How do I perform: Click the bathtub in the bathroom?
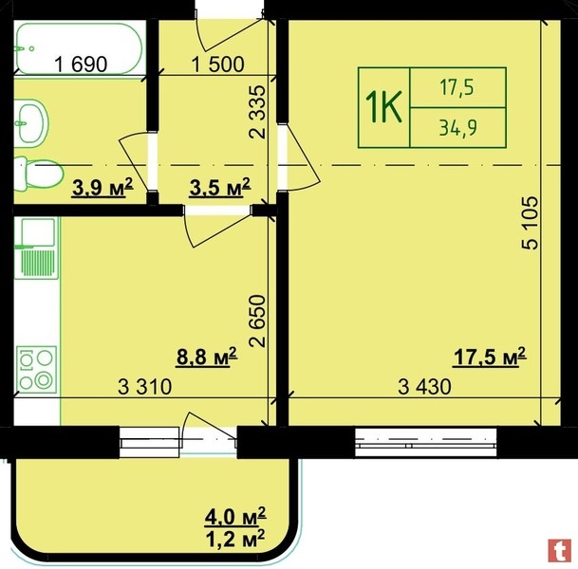78,48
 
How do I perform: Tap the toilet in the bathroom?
38,174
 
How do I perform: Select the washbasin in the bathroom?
31,123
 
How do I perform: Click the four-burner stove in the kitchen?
36,369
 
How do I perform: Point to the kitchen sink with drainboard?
36,248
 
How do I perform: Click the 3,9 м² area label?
103,187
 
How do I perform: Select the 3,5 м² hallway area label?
220,187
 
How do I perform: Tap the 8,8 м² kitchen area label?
207,357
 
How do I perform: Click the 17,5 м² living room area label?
490,357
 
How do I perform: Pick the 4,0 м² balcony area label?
235,516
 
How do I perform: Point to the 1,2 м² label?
235,539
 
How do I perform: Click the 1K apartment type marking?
383,107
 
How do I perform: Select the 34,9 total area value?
458,127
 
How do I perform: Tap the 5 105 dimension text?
531,223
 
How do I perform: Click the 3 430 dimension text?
424,387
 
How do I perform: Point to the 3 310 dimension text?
145,387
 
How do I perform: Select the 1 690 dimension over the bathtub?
81,64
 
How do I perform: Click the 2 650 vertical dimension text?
257,321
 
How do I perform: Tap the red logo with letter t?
560,551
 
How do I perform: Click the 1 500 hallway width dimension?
218,64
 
